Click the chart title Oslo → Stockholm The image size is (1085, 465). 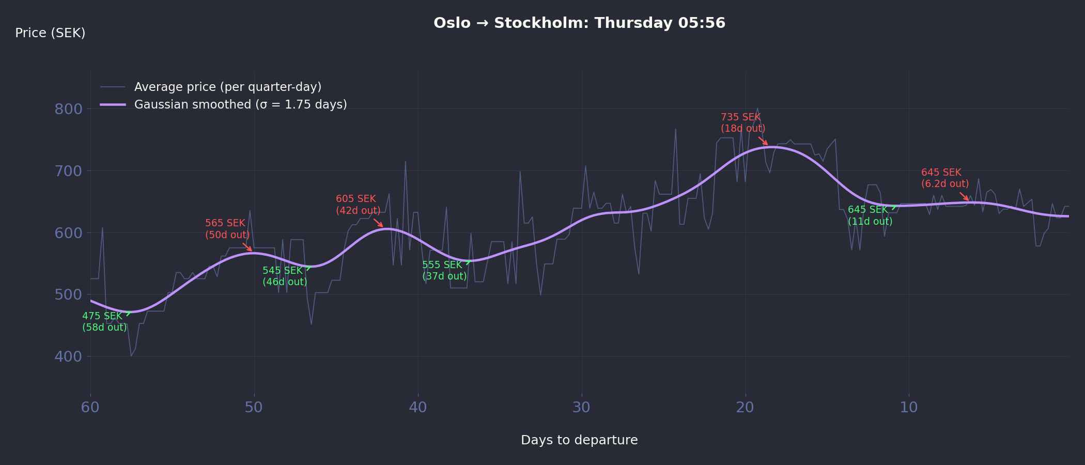(x=579, y=23)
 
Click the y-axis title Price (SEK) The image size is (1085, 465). (x=50, y=33)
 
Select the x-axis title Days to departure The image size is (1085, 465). (x=579, y=440)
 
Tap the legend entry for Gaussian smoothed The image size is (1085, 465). (x=240, y=104)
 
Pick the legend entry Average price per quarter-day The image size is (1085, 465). (x=227, y=87)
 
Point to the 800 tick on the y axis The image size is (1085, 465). (x=68, y=109)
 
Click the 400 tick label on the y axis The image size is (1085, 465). (x=68, y=357)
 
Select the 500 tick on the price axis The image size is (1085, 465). (x=68, y=295)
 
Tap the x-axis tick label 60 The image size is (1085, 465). (x=90, y=408)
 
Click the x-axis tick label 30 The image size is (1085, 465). (x=581, y=408)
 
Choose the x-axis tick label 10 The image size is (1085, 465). (x=909, y=408)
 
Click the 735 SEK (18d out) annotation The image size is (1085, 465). (x=743, y=123)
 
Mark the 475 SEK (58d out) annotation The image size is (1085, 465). (x=104, y=321)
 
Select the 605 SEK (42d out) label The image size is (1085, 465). (x=358, y=205)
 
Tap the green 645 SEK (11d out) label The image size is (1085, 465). (x=870, y=215)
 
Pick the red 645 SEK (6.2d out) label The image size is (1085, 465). (x=944, y=178)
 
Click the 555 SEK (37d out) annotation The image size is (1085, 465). (x=444, y=271)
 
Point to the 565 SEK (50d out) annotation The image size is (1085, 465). (x=227, y=229)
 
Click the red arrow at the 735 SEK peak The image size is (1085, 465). (x=763, y=141)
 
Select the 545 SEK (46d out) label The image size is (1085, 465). (x=285, y=276)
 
